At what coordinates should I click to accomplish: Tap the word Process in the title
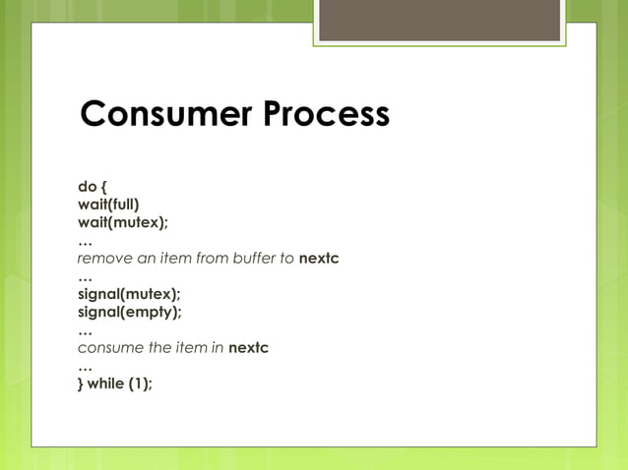tap(325, 115)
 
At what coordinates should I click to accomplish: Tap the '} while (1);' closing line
tap(115, 383)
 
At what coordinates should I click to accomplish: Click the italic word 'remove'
tap(102, 259)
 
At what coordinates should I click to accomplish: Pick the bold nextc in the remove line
tap(319, 259)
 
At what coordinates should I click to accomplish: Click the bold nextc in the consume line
tap(248, 348)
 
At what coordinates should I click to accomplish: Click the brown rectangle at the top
tap(439, 21)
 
